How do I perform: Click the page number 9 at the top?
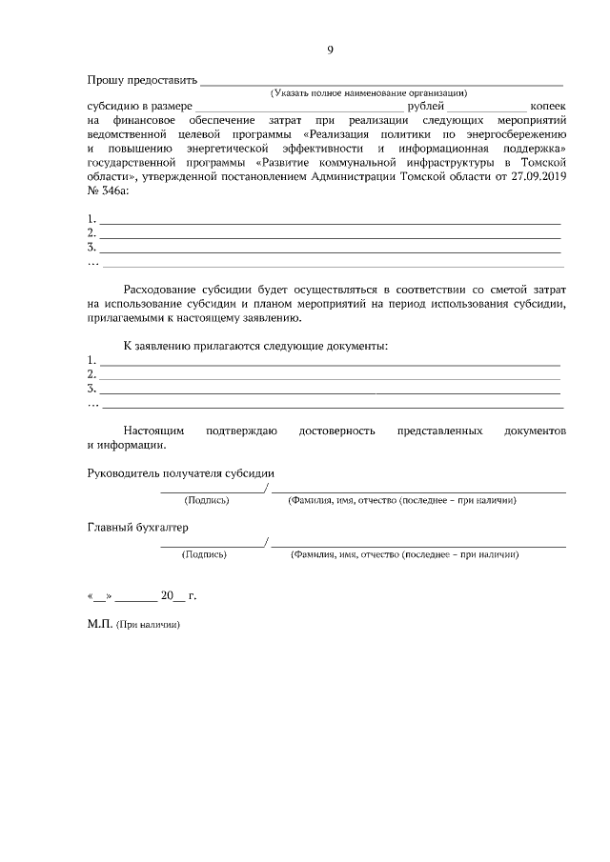pos(330,51)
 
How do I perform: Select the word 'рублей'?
pos(426,108)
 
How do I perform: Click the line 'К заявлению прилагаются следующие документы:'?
pos(256,344)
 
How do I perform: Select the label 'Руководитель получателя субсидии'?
pos(181,472)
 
